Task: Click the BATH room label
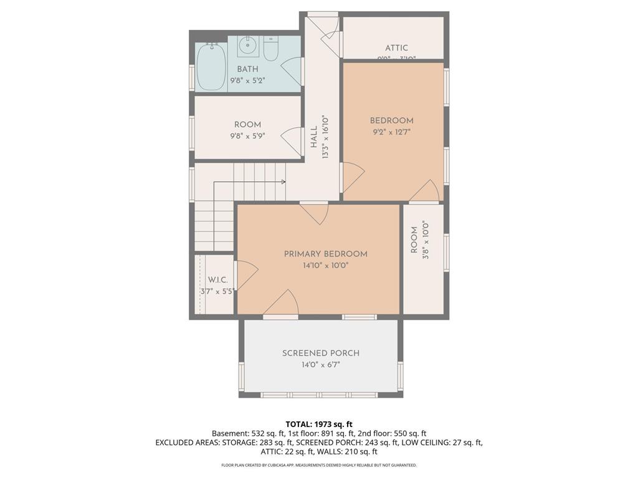click(247, 69)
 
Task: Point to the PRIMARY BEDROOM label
click(325, 254)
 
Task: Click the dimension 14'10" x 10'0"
click(325, 265)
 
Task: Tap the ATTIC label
click(396, 48)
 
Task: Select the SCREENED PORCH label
click(321, 353)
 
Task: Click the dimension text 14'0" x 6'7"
click(321, 364)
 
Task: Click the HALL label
click(314, 137)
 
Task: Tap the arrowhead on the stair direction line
click(283, 182)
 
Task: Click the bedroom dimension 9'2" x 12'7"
click(392, 132)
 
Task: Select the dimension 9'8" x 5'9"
click(247, 136)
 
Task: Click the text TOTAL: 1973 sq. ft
click(319, 424)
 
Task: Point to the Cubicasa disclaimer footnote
click(319, 465)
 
